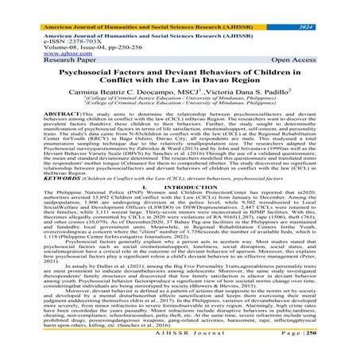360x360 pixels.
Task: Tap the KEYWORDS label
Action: tap(24, 181)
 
